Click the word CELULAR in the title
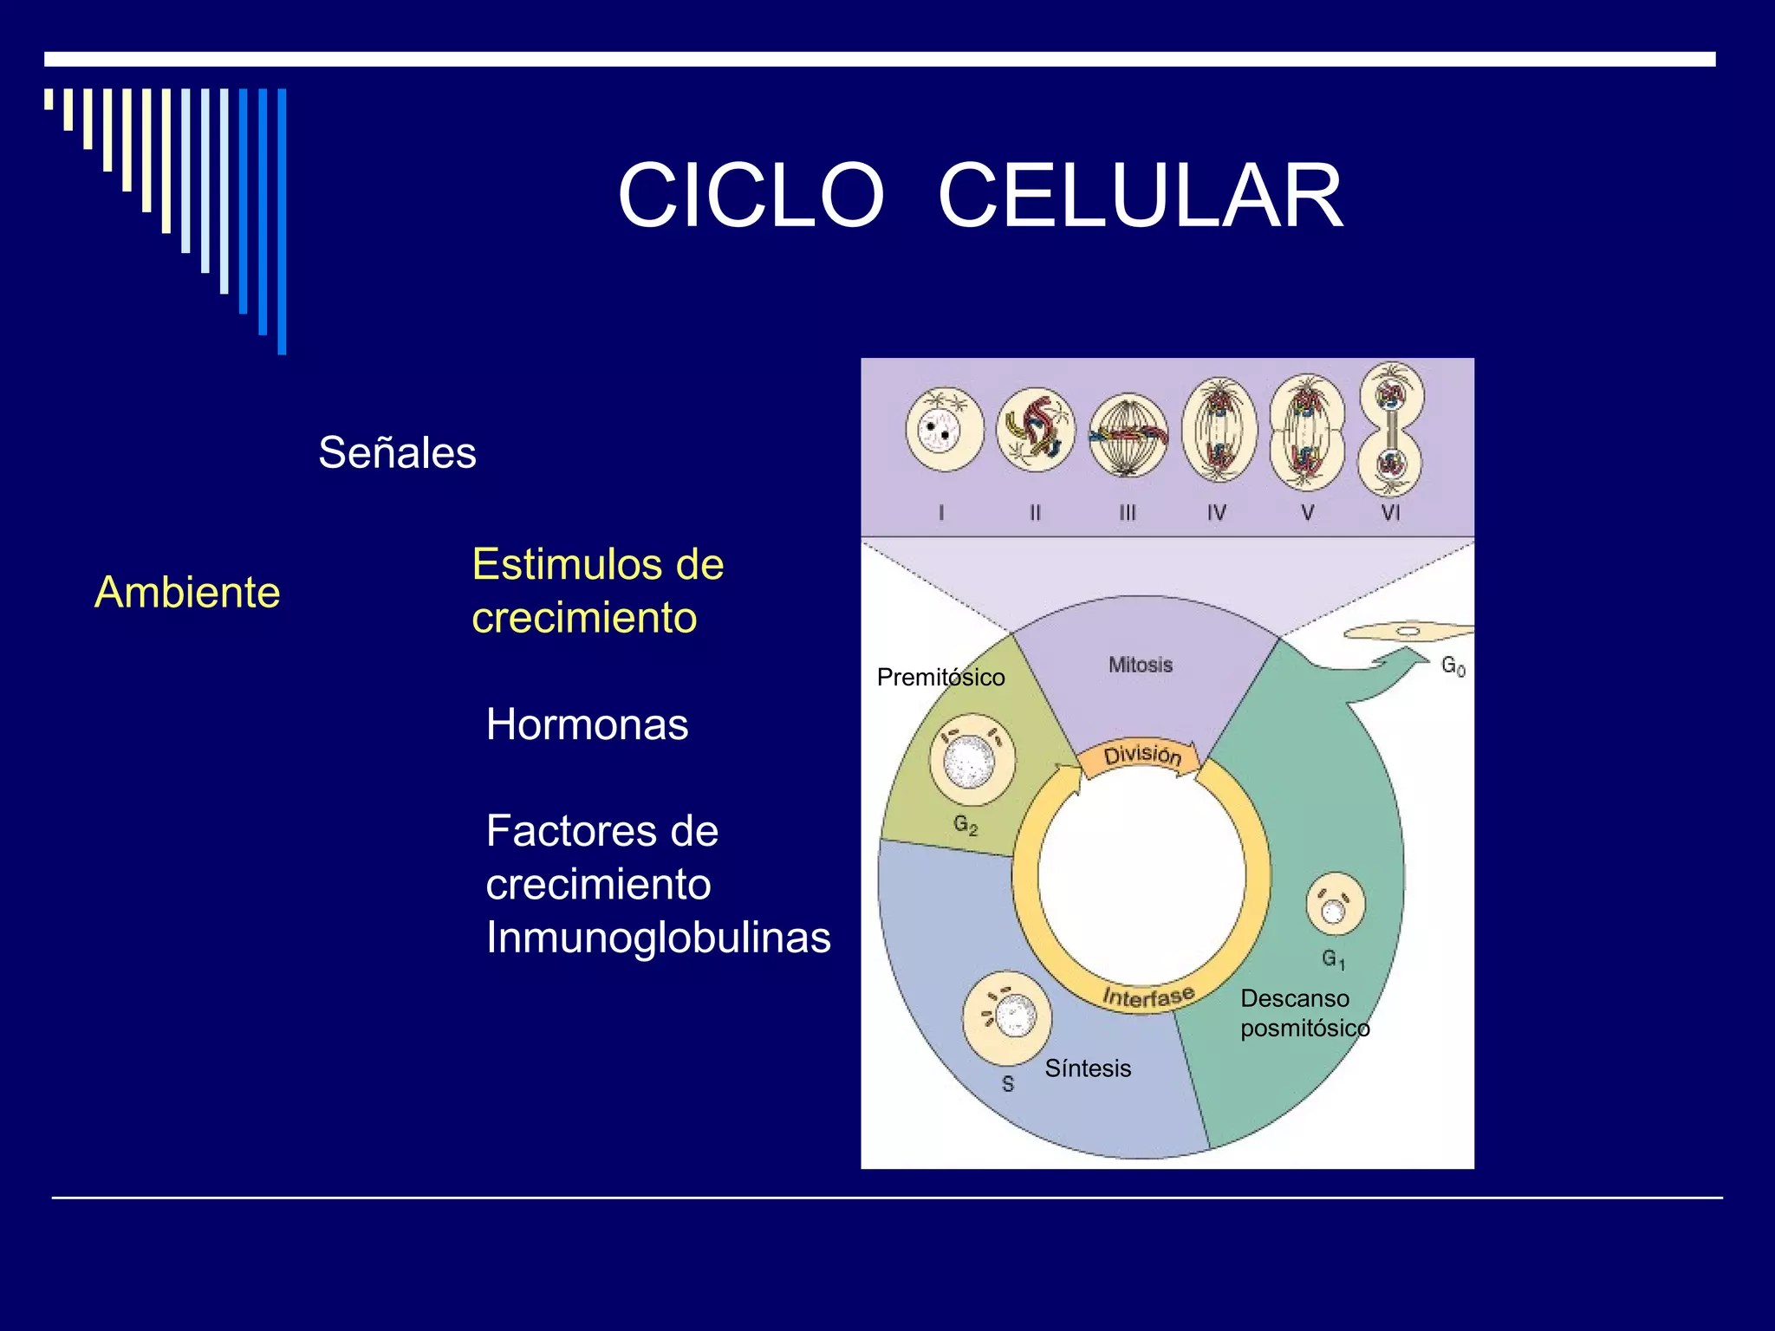click(1140, 197)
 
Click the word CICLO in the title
click(751, 197)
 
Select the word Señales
click(397, 452)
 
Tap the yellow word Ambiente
click(187, 593)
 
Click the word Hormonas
click(587, 724)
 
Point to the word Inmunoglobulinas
click(658, 938)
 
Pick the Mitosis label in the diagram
click(1140, 665)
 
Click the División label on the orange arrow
click(1141, 754)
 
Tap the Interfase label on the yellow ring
click(1148, 997)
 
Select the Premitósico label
click(940, 678)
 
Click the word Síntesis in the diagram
click(1088, 1068)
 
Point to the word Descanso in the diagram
click(1294, 998)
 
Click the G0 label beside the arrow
click(1453, 665)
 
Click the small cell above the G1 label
click(1335, 905)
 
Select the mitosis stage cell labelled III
click(1128, 435)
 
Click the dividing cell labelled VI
click(1391, 429)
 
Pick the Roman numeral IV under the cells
click(1217, 512)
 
